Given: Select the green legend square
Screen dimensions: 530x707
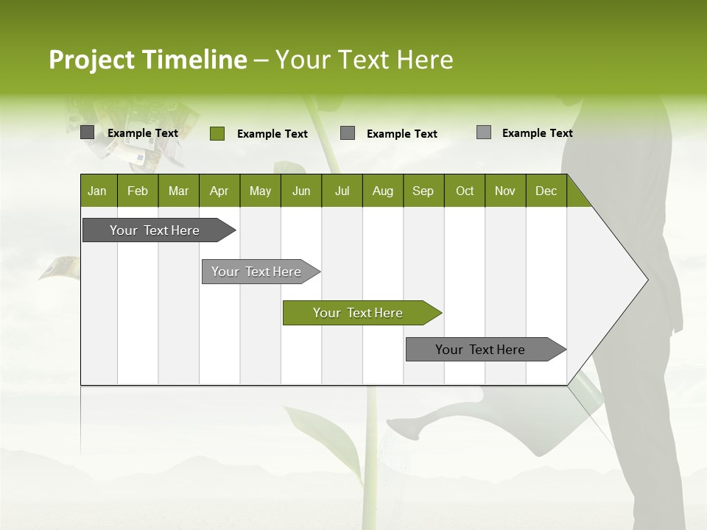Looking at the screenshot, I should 217,133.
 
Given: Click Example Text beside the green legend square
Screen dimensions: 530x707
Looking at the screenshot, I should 272,134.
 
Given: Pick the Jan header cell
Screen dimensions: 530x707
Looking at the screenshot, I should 97,191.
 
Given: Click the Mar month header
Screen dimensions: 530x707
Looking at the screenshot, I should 178,191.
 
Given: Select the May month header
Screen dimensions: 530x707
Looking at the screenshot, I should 260,191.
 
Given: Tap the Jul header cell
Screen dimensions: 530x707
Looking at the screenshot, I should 342,191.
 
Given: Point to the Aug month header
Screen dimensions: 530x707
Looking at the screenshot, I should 382,191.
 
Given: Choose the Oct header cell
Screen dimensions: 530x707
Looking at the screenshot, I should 465,191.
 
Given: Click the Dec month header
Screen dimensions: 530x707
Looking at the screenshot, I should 546,191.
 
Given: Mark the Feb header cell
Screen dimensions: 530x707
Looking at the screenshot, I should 138,191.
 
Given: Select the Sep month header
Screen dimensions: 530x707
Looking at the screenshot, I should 423,191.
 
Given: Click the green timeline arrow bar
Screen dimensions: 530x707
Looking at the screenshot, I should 358,313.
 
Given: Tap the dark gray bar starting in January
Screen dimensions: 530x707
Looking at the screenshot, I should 155,230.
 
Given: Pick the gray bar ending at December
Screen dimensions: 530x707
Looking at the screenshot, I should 480,350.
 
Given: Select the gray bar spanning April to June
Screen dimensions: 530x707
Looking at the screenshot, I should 256,272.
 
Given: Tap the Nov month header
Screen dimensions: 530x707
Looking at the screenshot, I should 505,191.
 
